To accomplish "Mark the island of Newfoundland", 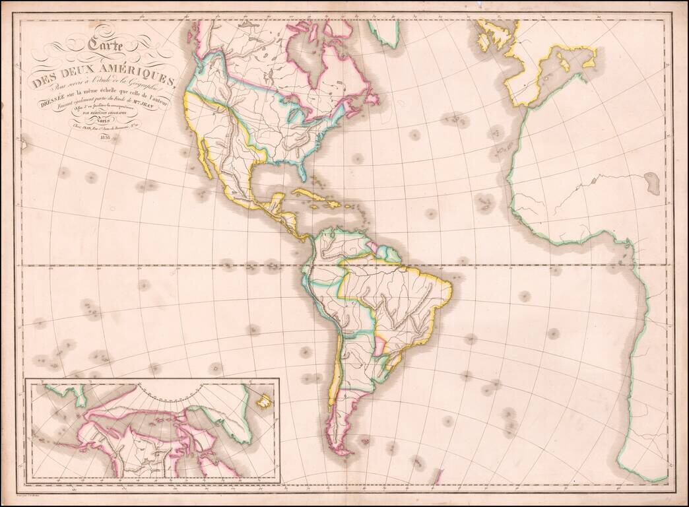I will [x=374, y=99].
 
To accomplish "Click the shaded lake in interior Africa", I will [x=652, y=182].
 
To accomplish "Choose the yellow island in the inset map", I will [x=265, y=400].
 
